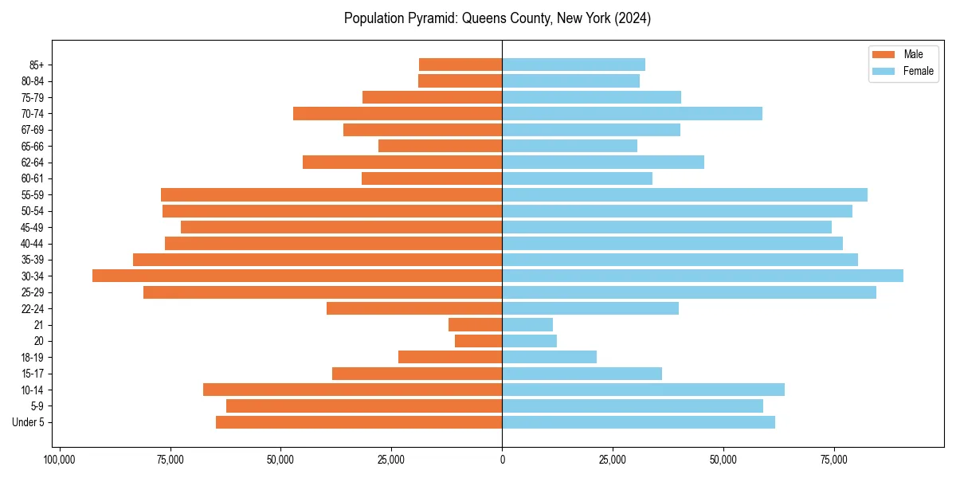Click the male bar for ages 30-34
[x=297, y=276]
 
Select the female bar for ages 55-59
[x=684, y=194]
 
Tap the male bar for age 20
[x=478, y=341]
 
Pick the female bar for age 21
[x=527, y=324]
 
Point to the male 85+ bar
[x=460, y=65]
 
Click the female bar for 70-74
[x=632, y=113]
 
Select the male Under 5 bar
[x=358, y=422]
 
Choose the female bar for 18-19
[x=549, y=357]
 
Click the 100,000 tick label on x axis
[x=59, y=460]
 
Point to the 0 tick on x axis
[x=502, y=460]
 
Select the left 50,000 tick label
[x=280, y=460]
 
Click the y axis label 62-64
[x=33, y=163]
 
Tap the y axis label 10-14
[x=33, y=390]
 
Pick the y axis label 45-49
[x=33, y=227]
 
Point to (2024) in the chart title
[x=634, y=18]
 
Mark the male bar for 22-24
[x=414, y=308]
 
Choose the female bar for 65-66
[x=570, y=146]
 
